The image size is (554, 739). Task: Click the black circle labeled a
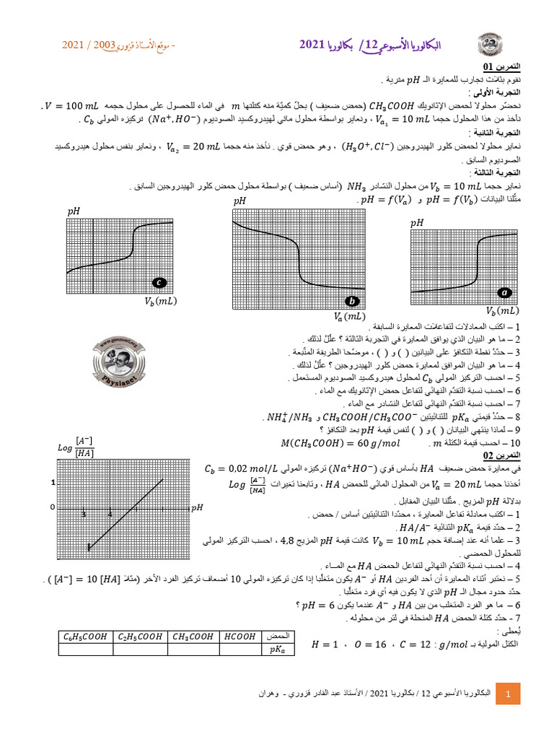coord(505,293)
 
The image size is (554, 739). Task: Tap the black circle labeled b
coord(353,301)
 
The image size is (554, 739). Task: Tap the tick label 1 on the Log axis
coord(53,482)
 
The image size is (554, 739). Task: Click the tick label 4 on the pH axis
coord(110,514)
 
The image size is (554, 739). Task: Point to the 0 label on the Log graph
coord(52,507)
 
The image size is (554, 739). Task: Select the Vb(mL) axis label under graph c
coord(161,300)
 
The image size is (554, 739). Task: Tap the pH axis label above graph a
coord(417,224)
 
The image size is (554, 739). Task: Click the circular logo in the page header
coord(492,45)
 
